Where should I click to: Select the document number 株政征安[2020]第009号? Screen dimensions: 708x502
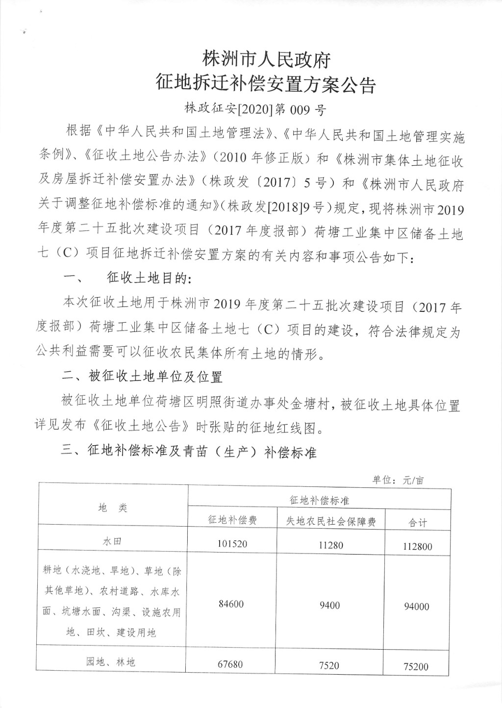click(x=255, y=109)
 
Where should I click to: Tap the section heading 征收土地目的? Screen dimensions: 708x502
click(x=147, y=279)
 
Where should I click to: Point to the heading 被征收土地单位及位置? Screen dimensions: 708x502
click(x=156, y=377)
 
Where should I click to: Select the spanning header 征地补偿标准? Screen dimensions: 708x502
click(x=319, y=500)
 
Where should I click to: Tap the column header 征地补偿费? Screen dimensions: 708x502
click(x=232, y=520)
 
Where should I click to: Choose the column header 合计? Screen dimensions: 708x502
click(x=418, y=523)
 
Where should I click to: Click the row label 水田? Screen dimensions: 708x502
click(x=112, y=541)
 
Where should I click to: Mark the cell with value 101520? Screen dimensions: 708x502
click(x=232, y=544)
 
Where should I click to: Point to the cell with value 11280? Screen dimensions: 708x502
click(x=331, y=545)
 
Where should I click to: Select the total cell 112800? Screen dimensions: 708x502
click(x=418, y=546)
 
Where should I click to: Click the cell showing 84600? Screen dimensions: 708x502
click(x=231, y=604)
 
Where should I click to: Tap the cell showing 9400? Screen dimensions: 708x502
click(x=329, y=606)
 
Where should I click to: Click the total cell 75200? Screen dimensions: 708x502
click(x=416, y=666)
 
